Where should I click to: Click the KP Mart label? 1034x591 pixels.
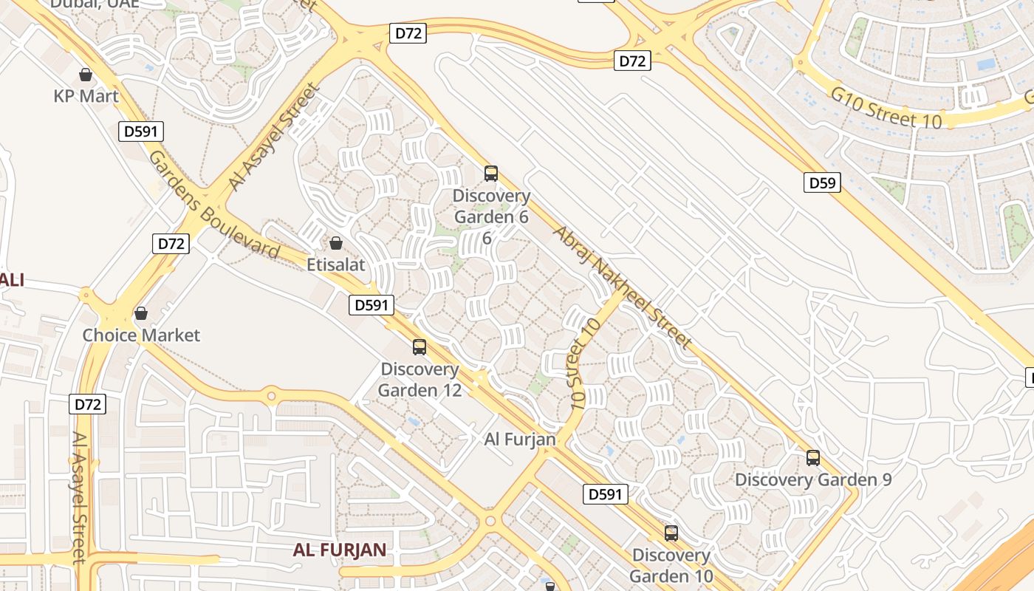pyautogui.click(x=86, y=96)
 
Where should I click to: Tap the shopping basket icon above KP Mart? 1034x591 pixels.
pyautogui.click(x=86, y=75)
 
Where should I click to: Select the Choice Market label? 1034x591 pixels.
pyautogui.click(x=141, y=335)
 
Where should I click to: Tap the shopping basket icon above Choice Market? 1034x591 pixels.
pyautogui.click(x=141, y=313)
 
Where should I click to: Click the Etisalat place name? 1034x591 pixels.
pyautogui.click(x=336, y=264)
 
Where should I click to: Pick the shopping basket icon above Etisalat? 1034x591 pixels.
pyautogui.click(x=336, y=243)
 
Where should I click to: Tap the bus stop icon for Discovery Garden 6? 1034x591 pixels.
pyautogui.click(x=491, y=174)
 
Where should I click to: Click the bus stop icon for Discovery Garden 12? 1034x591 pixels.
pyautogui.click(x=420, y=346)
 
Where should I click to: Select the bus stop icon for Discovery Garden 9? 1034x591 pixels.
pyautogui.click(x=813, y=457)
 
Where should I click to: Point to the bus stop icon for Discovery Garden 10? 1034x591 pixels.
pyautogui.click(x=671, y=533)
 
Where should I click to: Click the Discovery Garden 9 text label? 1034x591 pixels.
pyautogui.click(x=813, y=479)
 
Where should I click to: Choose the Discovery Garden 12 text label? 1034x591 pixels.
pyautogui.click(x=420, y=379)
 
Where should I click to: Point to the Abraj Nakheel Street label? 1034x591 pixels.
pyautogui.click(x=622, y=287)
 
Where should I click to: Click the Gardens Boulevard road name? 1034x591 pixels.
pyautogui.click(x=214, y=205)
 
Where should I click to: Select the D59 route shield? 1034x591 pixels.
pyautogui.click(x=822, y=182)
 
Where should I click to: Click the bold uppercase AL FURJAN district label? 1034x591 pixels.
pyautogui.click(x=340, y=550)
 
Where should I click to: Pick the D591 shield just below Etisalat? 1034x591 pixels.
pyautogui.click(x=372, y=304)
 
